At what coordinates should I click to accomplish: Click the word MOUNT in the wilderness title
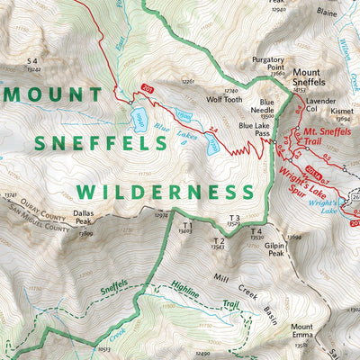pos(53,94)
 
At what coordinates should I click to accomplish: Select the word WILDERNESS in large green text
pos(165,192)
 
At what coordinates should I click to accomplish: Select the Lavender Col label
pos(320,108)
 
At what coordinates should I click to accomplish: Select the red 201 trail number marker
pos(146,88)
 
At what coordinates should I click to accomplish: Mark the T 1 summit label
pos(188,224)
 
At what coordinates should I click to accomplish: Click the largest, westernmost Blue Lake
pos(139,118)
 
